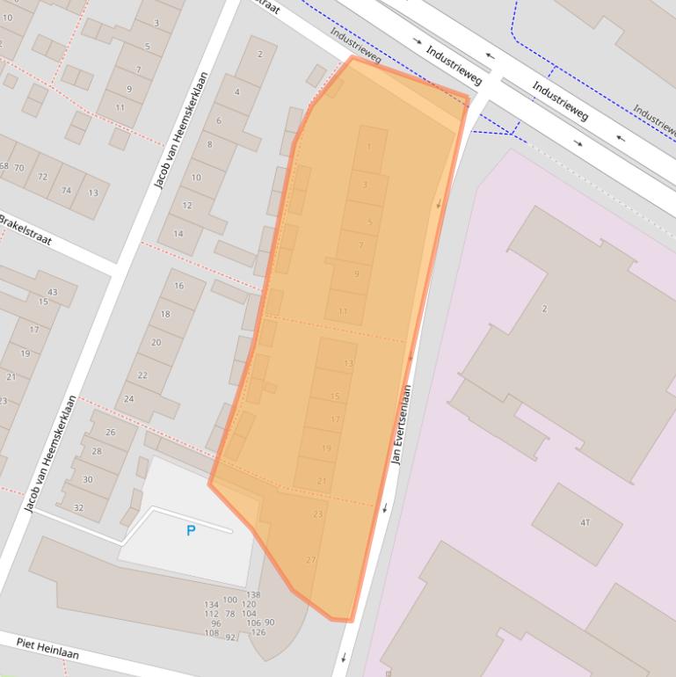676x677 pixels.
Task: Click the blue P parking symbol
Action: click(x=191, y=530)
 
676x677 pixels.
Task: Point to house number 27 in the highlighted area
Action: click(x=310, y=560)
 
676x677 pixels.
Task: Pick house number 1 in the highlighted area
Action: click(x=369, y=147)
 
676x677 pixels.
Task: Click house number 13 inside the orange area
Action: click(x=348, y=363)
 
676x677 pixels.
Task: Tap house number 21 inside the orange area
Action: click(x=322, y=481)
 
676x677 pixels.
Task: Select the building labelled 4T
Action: click(x=585, y=522)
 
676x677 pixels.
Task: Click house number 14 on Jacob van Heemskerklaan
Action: click(x=178, y=233)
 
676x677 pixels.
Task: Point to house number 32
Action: click(x=78, y=507)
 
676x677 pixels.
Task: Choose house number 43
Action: click(x=52, y=292)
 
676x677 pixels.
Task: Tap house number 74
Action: click(x=66, y=190)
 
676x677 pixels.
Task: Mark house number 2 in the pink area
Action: click(x=544, y=309)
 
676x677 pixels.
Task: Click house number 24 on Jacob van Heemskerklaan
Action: click(x=128, y=398)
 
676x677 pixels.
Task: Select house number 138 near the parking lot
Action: click(x=253, y=595)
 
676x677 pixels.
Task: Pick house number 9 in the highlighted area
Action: click(x=356, y=274)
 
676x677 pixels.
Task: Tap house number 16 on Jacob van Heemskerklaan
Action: click(x=178, y=286)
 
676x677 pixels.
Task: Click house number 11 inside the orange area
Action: click(x=343, y=311)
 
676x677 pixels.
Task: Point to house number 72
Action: click(x=42, y=177)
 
